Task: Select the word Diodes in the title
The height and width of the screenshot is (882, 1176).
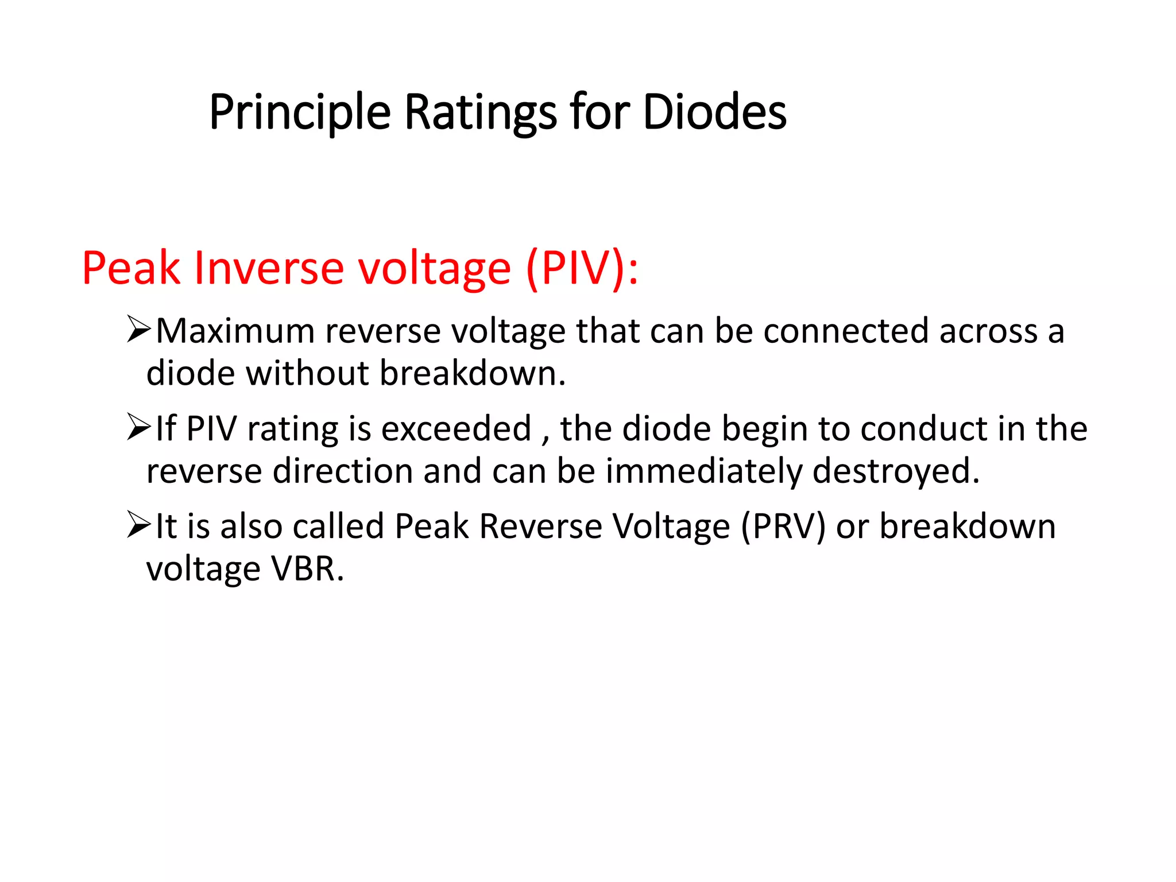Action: click(714, 112)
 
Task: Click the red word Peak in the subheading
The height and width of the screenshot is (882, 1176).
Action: click(131, 268)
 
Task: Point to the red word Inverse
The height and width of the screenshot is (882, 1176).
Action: click(269, 268)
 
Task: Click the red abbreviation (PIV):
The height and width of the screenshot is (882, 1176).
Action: click(582, 268)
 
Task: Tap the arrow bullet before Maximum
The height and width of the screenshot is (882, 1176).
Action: click(138, 330)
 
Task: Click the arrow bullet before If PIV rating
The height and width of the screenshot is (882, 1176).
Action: click(138, 428)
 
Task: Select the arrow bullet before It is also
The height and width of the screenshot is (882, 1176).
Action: click(138, 525)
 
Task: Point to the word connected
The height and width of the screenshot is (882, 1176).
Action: click(845, 331)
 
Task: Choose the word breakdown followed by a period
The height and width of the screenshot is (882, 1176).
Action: click(472, 373)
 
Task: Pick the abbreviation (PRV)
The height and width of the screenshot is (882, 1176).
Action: click(783, 527)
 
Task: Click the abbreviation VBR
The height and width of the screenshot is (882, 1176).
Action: click(307, 569)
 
